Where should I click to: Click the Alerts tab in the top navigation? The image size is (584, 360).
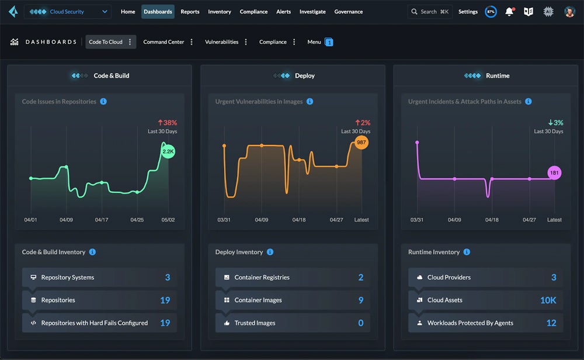click(x=283, y=12)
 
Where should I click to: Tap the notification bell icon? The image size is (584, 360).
click(x=510, y=12)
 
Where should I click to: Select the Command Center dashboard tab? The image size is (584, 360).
click(x=164, y=42)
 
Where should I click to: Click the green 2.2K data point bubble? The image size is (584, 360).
click(x=168, y=151)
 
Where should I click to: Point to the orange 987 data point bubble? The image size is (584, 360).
click(x=361, y=143)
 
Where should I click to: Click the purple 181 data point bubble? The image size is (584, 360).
click(x=554, y=172)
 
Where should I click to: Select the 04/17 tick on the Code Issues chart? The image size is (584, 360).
click(x=102, y=220)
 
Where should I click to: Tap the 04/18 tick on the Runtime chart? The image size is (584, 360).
click(x=492, y=220)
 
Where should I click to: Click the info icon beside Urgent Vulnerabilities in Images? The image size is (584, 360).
click(x=310, y=102)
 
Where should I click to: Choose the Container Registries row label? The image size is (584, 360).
click(x=262, y=278)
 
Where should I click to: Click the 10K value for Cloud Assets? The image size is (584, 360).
click(x=548, y=300)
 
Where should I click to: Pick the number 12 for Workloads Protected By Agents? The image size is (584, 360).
click(x=551, y=323)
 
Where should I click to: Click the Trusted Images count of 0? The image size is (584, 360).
click(x=360, y=323)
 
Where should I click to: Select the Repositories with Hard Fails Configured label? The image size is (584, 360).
click(x=94, y=323)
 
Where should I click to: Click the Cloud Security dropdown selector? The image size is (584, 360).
click(x=67, y=12)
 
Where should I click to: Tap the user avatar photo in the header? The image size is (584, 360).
click(x=569, y=12)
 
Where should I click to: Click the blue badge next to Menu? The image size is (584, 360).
click(x=329, y=42)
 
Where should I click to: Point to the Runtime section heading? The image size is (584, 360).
click(x=498, y=76)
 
